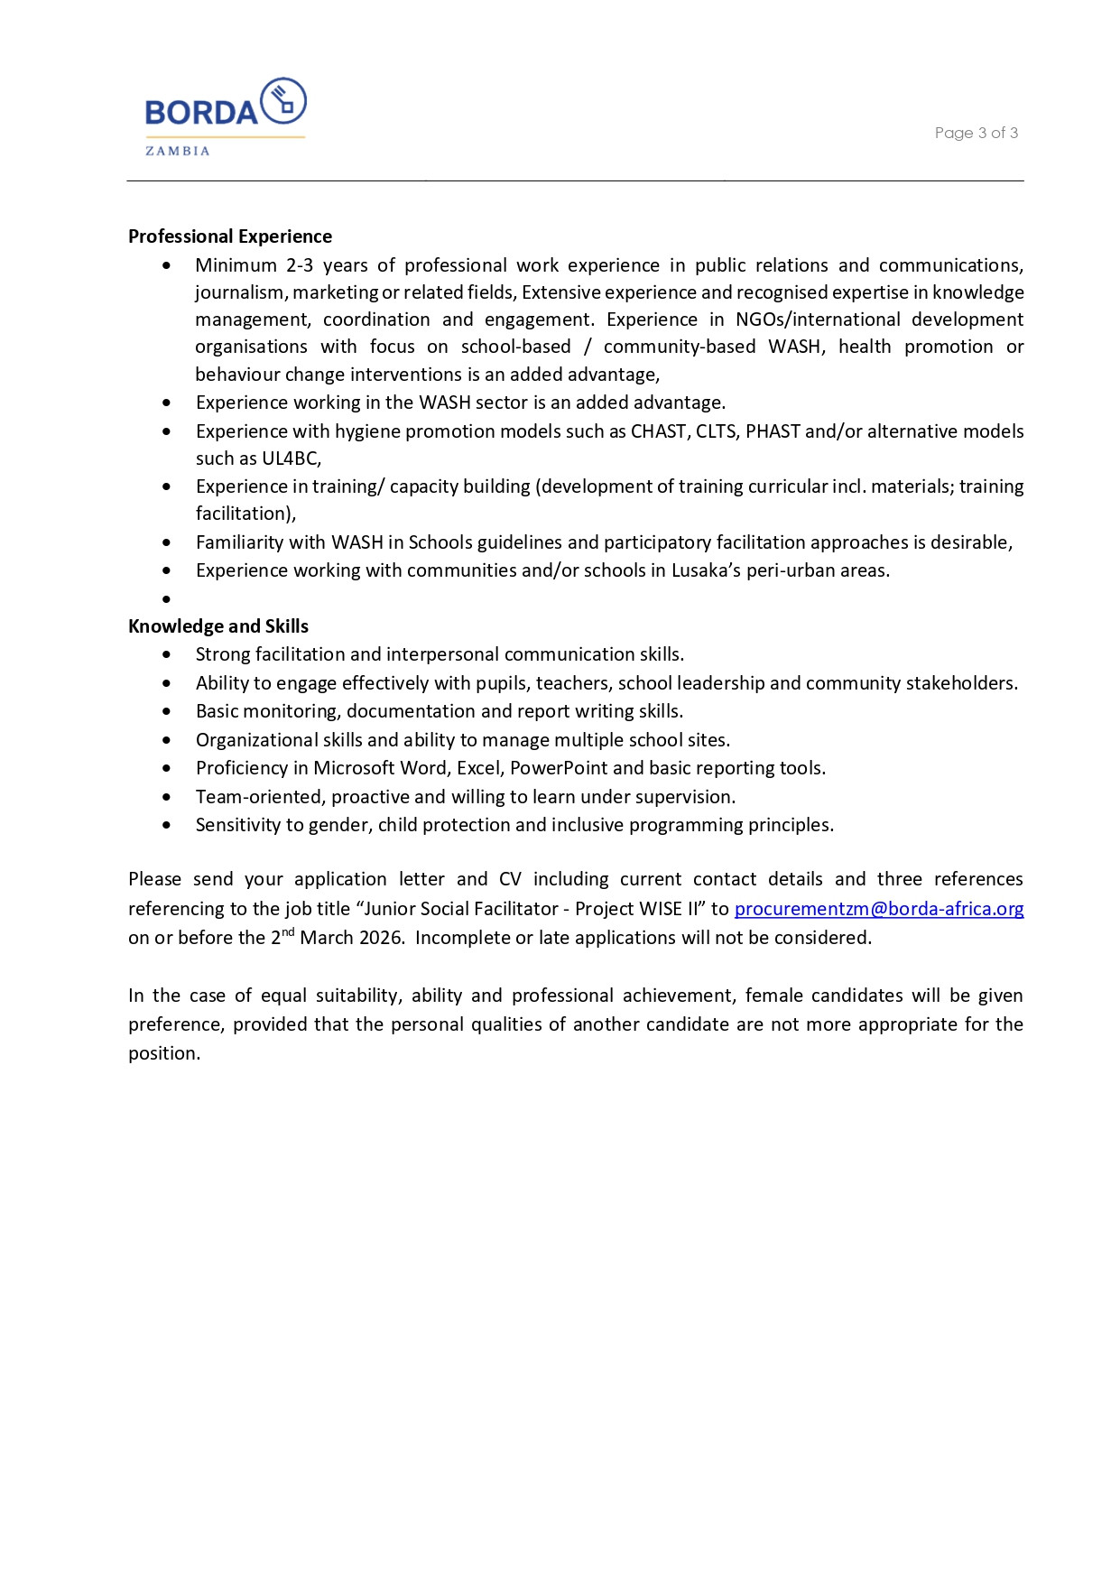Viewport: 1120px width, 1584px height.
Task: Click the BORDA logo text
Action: pos(201,113)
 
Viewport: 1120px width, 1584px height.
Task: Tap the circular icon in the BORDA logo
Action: pos(283,101)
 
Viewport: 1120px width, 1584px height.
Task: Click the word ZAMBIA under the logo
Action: pos(178,152)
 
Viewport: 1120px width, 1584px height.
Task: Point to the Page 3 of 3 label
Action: pos(976,133)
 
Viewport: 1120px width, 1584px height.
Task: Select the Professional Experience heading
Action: pos(230,236)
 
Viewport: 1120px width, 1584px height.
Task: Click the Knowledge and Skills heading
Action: pos(218,626)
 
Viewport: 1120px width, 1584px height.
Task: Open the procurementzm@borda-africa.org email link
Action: pos(878,909)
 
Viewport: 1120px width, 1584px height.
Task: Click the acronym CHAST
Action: pos(658,431)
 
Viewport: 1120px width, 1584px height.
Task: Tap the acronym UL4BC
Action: pos(290,459)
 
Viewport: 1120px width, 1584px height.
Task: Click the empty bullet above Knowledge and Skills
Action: pos(167,599)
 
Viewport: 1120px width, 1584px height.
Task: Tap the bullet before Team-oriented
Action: pos(167,797)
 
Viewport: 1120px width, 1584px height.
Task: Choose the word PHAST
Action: pos(773,431)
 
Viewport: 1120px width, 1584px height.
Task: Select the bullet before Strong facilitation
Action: pos(167,654)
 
